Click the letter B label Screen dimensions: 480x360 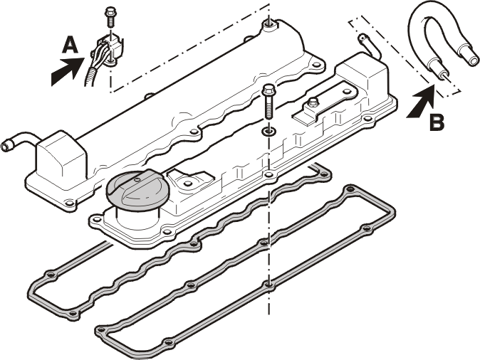(437, 122)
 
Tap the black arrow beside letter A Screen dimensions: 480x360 (67, 72)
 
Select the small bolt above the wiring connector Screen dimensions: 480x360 (110, 17)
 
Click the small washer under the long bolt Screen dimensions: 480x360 (268, 132)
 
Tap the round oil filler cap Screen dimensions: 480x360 (138, 189)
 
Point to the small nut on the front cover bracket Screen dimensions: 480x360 (313, 102)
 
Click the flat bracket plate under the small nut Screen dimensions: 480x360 (325, 105)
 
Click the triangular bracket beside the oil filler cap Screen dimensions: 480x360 (190, 181)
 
